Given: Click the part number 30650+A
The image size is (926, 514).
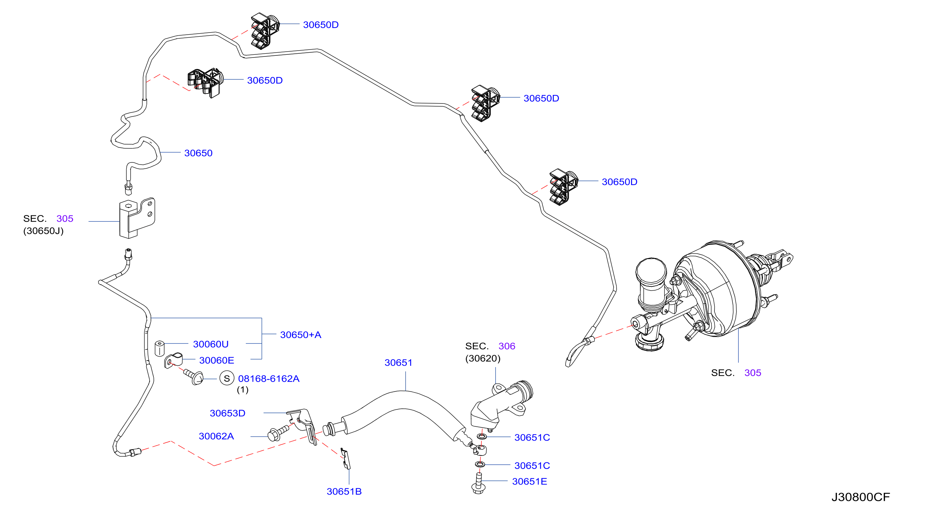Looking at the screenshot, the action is pos(301,335).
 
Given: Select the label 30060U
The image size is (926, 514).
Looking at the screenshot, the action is pos(211,344).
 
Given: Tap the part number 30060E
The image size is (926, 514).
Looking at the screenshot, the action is pos(216,360).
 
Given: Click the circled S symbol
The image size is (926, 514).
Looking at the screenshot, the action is pos(227,379).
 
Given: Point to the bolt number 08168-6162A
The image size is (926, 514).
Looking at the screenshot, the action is pos(268,379).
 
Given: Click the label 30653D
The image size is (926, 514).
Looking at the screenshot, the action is pos(228,413).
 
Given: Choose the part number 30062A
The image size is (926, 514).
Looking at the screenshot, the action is pos(216,436).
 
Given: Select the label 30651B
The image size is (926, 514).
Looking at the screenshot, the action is pos(344,491).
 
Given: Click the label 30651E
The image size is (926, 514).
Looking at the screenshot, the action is pos(529,481).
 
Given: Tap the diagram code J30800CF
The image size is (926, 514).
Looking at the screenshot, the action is pos(861,497).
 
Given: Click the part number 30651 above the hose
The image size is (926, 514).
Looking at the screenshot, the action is pos(398,362).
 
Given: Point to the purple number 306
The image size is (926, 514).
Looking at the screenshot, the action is pos(507,346).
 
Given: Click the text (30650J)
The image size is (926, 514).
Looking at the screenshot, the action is pos(44,231).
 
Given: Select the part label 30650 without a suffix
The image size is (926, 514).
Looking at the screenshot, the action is pos(198,153).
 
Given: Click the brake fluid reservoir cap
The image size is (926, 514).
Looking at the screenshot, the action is pos(651,271).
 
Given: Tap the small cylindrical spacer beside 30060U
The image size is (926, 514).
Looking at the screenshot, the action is pos(160,348).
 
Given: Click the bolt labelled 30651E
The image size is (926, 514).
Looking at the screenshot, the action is pos(479,484).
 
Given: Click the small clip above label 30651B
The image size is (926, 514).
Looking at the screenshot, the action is pos(346,459).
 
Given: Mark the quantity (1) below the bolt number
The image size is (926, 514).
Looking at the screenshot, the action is pos(243,390).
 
